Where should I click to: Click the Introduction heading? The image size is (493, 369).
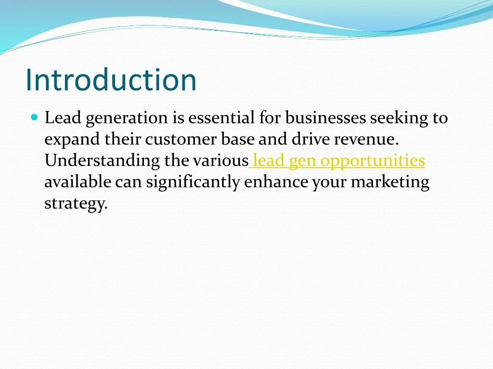point(111,80)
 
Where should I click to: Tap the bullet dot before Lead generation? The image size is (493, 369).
point(34,117)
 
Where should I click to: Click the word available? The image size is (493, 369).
point(78,182)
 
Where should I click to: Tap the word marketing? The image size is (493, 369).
point(389,183)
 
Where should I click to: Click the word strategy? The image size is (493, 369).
point(76,204)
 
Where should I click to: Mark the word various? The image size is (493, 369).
point(221,161)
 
